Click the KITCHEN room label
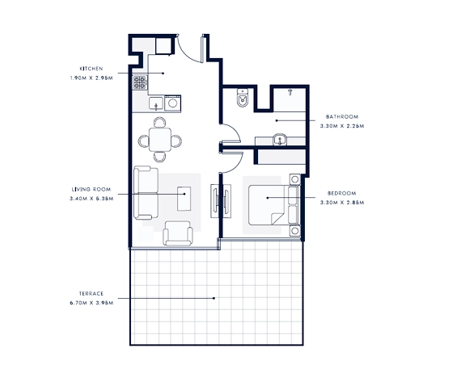tap(90, 68)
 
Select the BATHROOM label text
tap(342, 117)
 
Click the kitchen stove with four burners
tap(141, 82)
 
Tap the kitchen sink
tap(154, 104)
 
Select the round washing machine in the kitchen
tap(171, 104)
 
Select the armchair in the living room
tap(178, 233)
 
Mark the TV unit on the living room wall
tap(214, 200)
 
